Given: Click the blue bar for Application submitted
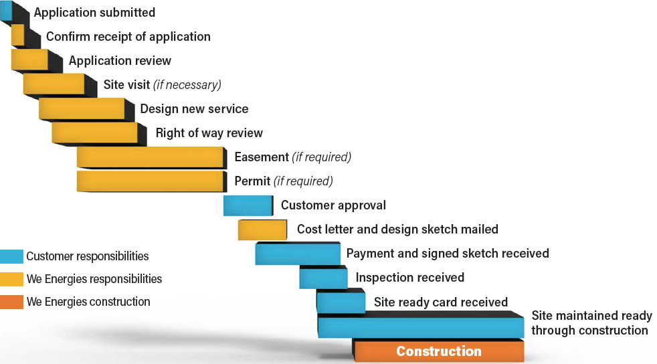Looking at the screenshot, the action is click(6, 11).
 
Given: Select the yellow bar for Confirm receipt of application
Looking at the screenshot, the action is click(17, 35).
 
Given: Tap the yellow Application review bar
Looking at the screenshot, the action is click(29, 60).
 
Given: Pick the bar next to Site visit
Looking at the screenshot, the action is click(54, 84).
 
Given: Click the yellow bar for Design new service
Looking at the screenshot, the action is click(82, 108).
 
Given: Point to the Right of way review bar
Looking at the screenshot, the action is click(95, 132).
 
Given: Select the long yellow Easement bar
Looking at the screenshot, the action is click(150, 157).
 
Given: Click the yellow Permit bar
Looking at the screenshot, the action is click(150, 181).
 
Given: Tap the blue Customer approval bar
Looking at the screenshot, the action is click(248, 205).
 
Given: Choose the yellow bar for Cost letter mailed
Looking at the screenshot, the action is click(262, 230).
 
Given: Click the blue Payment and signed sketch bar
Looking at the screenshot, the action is click(298, 254).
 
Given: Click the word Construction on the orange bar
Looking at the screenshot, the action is click(439, 351).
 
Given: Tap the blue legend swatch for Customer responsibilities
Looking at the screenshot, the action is click(12, 256).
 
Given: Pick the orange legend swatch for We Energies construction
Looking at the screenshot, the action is click(12, 302).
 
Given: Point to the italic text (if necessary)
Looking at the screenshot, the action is click(187, 85).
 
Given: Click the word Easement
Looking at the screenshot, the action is click(262, 157).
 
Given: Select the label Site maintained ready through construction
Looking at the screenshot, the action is click(591, 323).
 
